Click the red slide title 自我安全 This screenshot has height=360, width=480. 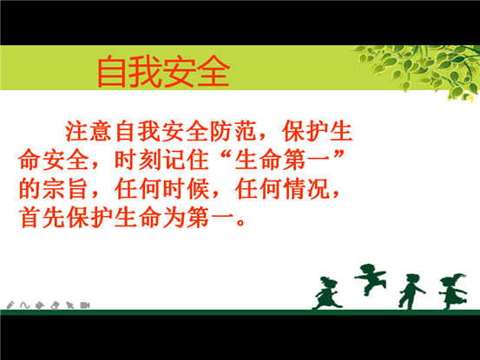(163, 71)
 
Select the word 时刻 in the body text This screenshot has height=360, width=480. (138, 160)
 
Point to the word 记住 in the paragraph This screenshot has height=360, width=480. (186, 160)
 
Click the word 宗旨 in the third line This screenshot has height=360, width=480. (65, 189)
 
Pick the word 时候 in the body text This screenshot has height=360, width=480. (186, 189)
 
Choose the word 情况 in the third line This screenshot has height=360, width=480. (306, 189)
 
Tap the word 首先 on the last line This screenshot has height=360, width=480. (42, 218)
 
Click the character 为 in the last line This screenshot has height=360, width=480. (174, 218)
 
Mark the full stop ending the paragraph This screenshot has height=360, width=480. (241, 221)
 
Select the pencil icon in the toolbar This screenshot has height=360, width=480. (10, 305)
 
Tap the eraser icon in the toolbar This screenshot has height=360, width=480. (55, 305)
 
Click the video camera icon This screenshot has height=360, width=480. (85, 305)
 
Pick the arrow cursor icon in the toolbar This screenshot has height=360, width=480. (69, 305)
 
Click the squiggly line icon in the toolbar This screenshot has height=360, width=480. (25, 305)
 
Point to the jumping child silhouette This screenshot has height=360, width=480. (370, 279)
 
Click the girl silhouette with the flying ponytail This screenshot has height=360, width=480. (453, 291)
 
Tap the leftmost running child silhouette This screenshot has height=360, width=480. (326, 292)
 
